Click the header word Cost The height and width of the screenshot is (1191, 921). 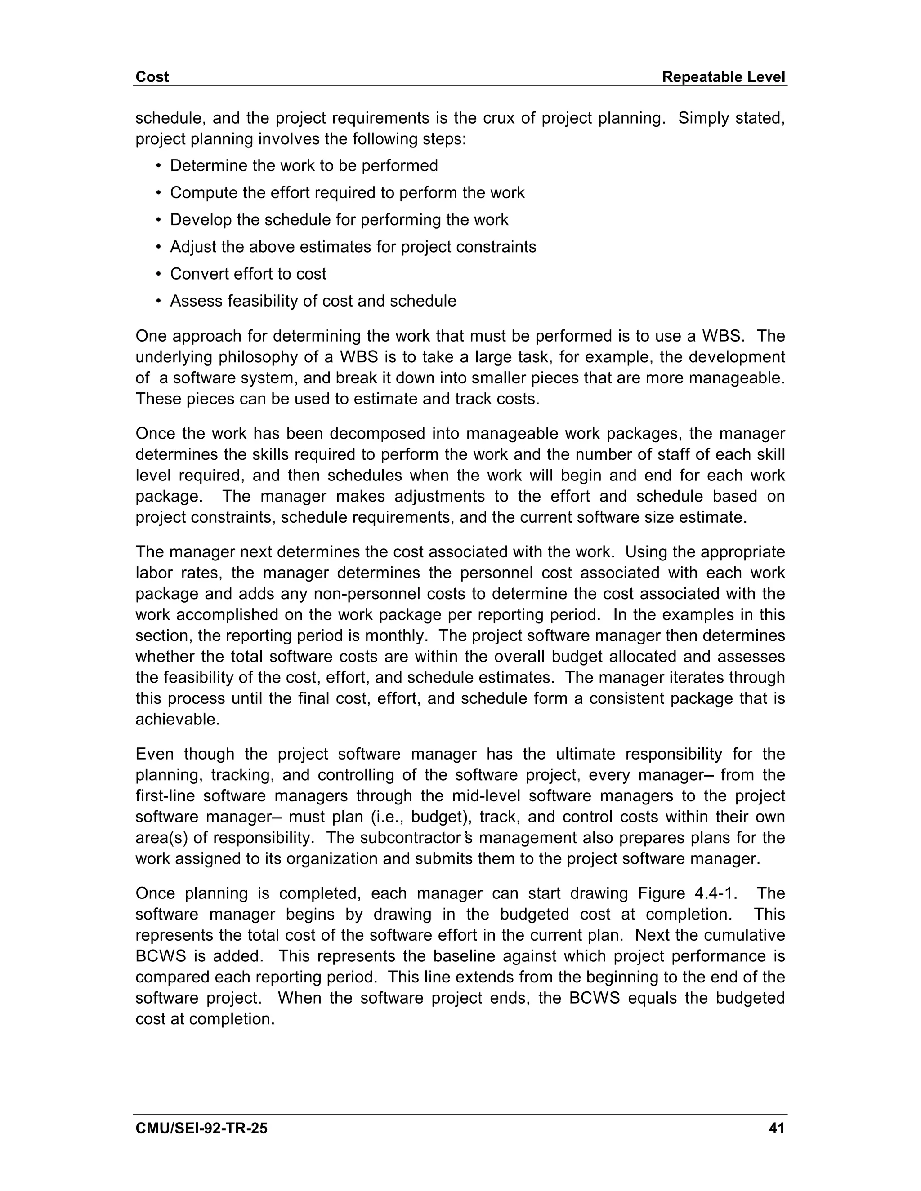pyautogui.click(x=152, y=77)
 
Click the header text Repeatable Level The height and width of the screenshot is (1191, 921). pyautogui.click(x=723, y=77)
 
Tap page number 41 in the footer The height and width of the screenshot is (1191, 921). pyautogui.click(x=776, y=1128)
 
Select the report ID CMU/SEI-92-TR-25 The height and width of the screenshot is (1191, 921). pyautogui.click(x=201, y=1128)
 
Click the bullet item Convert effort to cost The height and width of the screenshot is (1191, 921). pyautogui.click(x=248, y=274)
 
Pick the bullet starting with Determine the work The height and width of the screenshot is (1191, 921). pyautogui.click(x=304, y=166)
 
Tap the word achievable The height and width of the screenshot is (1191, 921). pyautogui.click(x=177, y=719)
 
